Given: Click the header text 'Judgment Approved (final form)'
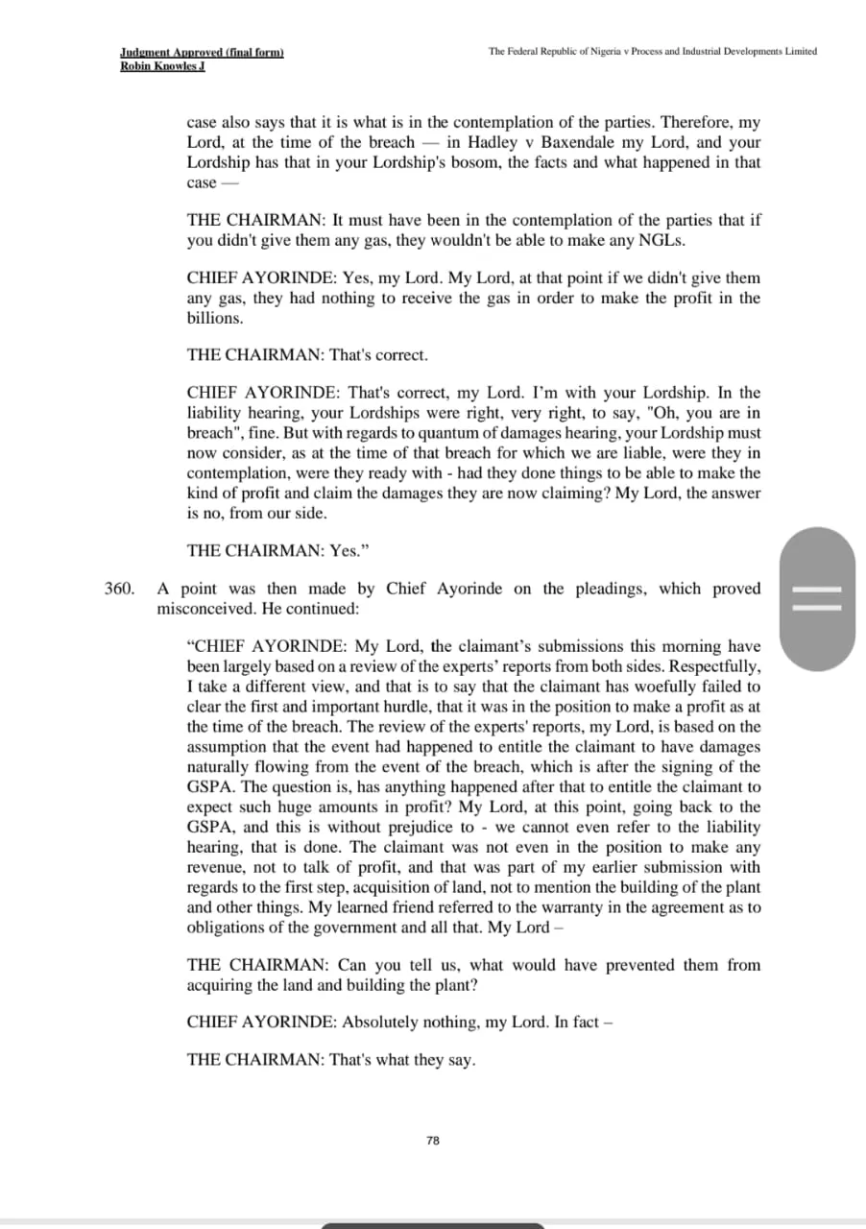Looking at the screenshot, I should [202, 52].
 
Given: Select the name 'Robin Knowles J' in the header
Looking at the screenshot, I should [163, 65].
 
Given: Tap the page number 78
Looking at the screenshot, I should [432, 1140].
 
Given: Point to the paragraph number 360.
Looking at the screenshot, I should [118, 589].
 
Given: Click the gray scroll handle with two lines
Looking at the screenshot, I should [817, 598].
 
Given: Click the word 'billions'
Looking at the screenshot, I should [215, 318].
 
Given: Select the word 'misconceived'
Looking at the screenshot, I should [204, 609].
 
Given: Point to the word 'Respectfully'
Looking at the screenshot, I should [713, 666].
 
